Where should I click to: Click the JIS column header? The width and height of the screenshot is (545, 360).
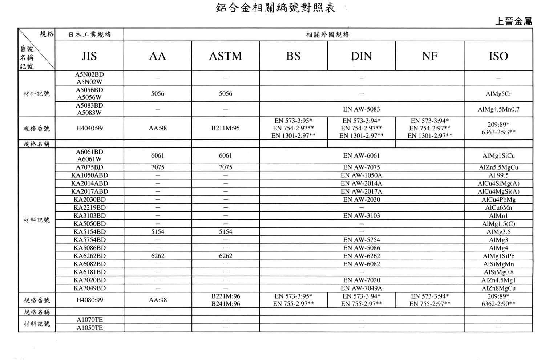point(89,56)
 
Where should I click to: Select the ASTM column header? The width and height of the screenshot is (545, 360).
point(225,56)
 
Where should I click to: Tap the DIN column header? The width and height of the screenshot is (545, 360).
point(361,56)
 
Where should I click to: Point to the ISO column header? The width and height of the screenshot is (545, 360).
point(498,56)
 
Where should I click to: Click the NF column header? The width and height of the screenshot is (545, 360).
point(429,56)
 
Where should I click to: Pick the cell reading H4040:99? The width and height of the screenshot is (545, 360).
point(89,128)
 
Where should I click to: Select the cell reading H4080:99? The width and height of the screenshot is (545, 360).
point(89,300)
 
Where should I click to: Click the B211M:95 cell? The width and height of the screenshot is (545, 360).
point(225,128)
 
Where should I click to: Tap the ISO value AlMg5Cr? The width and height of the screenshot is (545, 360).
point(498,94)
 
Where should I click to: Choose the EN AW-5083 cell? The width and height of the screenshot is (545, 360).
point(361,109)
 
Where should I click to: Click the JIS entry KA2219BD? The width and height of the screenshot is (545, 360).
point(89,208)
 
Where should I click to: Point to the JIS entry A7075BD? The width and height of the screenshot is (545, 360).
point(89,167)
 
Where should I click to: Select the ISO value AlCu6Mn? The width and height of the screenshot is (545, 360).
point(498,208)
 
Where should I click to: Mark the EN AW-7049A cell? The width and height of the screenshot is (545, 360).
point(361,288)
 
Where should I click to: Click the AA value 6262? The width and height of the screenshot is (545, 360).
point(157,256)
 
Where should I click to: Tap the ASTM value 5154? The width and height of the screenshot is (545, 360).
point(225,232)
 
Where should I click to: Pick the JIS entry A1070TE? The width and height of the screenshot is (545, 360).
point(89,320)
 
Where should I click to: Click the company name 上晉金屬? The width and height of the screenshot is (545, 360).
point(513,21)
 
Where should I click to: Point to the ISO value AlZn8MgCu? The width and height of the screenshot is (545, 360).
point(498,288)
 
